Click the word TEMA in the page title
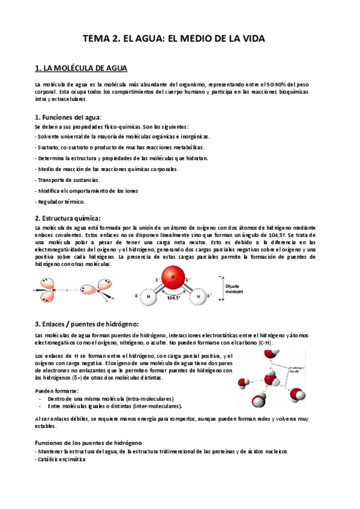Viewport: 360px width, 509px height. [96, 39]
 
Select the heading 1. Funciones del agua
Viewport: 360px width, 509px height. [68, 116]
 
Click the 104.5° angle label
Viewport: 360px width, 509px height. [174, 296]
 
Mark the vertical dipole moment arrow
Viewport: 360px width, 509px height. [222, 288]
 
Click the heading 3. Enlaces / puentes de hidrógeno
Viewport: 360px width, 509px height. [87, 324]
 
